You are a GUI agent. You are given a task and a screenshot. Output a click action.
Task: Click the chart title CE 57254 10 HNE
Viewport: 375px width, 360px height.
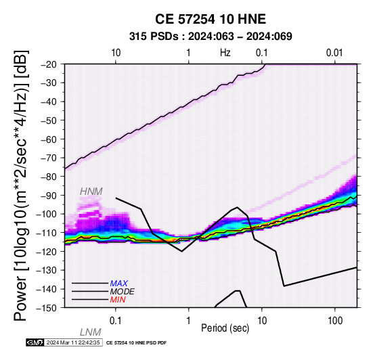pyautogui.click(x=211, y=19)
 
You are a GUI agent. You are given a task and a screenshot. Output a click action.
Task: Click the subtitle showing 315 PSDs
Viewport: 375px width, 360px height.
pyautogui.click(x=211, y=37)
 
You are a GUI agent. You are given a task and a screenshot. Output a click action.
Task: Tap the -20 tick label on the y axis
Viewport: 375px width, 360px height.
pyautogui.click(x=49, y=64)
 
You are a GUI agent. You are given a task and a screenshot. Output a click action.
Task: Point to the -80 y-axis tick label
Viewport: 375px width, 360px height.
pyautogui.click(x=49, y=177)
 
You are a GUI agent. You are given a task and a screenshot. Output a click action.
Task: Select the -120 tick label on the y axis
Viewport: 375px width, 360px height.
pyautogui.click(x=46, y=252)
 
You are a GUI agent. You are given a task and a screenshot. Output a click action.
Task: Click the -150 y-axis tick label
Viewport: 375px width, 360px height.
pyautogui.click(x=46, y=308)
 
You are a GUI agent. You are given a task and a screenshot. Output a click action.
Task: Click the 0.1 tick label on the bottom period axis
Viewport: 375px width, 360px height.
pyautogui.click(x=116, y=321)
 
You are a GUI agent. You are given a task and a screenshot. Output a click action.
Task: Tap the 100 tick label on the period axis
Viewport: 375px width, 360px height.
pyautogui.click(x=335, y=321)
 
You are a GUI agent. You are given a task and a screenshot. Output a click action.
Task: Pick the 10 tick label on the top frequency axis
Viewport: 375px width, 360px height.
pyautogui.click(x=116, y=53)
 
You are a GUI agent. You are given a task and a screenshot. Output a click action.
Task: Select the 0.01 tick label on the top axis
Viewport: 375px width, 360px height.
pyautogui.click(x=334, y=53)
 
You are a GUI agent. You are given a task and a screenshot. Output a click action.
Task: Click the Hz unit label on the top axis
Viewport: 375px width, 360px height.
pyautogui.click(x=225, y=53)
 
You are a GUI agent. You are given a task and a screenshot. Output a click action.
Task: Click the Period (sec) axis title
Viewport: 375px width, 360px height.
pyautogui.click(x=225, y=328)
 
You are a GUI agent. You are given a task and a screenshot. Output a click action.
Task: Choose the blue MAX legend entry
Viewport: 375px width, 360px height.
pyautogui.click(x=119, y=284)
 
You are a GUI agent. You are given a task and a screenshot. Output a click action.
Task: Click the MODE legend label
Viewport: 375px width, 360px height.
pyautogui.click(x=123, y=292)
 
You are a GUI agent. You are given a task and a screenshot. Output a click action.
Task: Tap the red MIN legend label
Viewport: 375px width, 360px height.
pyautogui.click(x=118, y=300)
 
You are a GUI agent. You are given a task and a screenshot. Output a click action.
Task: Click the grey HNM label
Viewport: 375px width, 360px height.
pyautogui.click(x=91, y=192)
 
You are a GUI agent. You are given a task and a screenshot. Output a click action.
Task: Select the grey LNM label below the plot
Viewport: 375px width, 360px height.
pyautogui.click(x=90, y=332)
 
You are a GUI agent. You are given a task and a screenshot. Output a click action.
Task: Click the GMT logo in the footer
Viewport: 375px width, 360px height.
pyautogui.click(x=35, y=343)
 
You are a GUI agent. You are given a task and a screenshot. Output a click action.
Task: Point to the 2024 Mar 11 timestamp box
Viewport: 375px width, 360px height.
pyautogui.click(x=73, y=343)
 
